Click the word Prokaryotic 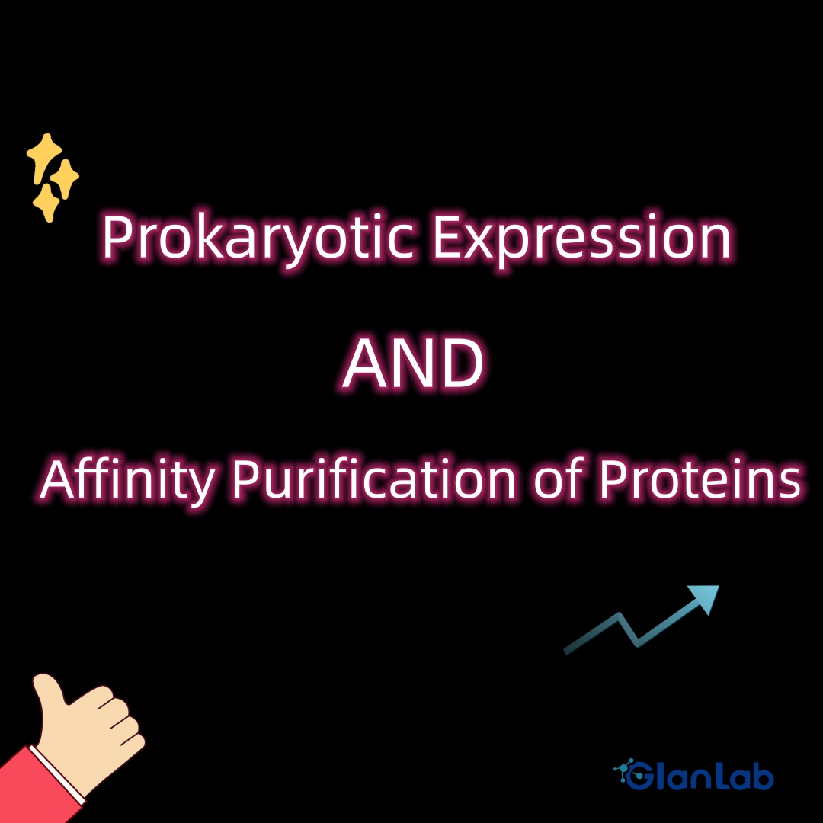(258, 239)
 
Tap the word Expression (582, 239)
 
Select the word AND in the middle (412, 363)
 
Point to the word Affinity (127, 479)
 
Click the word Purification (373, 479)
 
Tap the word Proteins (700, 479)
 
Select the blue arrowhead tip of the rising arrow (718, 587)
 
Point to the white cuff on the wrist (56, 775)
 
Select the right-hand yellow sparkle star (65, 178)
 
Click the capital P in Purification (245, 478)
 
